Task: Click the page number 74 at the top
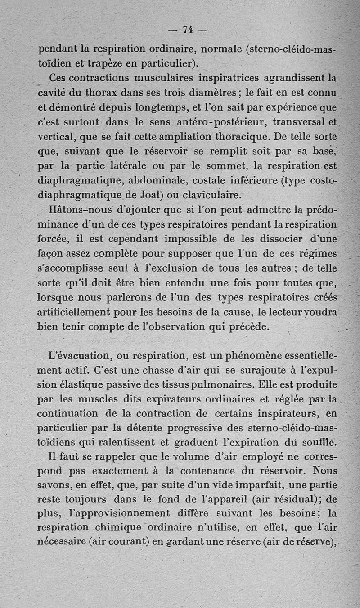[188, 30]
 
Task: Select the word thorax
[102, 93]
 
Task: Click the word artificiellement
[74, 312]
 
